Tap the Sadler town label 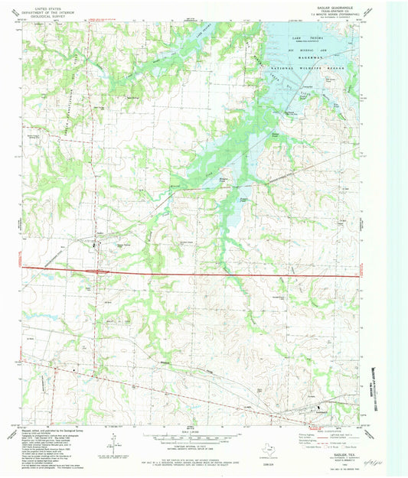100,232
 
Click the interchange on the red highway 97,270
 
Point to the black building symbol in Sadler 94,246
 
